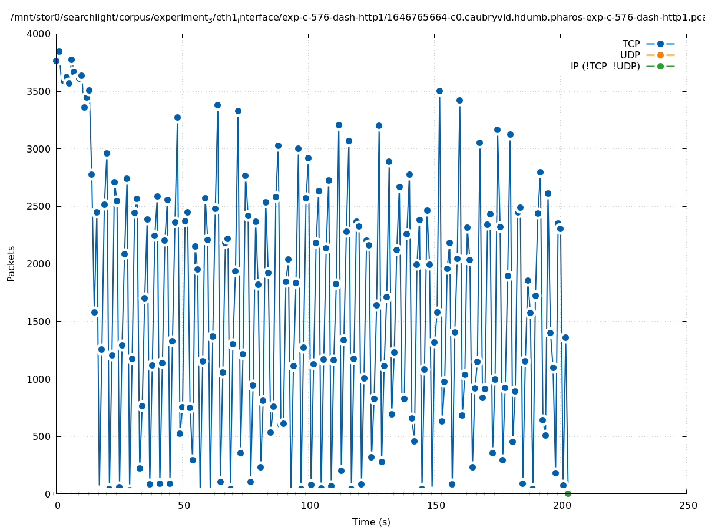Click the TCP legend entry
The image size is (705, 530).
[631, 44]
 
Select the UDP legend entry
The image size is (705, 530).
[630, 55]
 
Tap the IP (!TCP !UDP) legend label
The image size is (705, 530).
[605, 66]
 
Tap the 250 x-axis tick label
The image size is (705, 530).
[687, 506]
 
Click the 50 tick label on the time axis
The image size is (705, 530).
[184, 506]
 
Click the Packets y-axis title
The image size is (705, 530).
[11, 263]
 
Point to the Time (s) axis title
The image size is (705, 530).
[371, 522]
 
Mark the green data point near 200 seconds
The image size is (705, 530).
[568, 493]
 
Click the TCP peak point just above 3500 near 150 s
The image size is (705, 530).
[439, 91]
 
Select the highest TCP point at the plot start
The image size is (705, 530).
[59, 51]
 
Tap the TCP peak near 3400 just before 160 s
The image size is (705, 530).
[459, 100]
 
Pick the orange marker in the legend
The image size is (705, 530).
[660, 55]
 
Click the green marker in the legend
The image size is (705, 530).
[660, 66]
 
